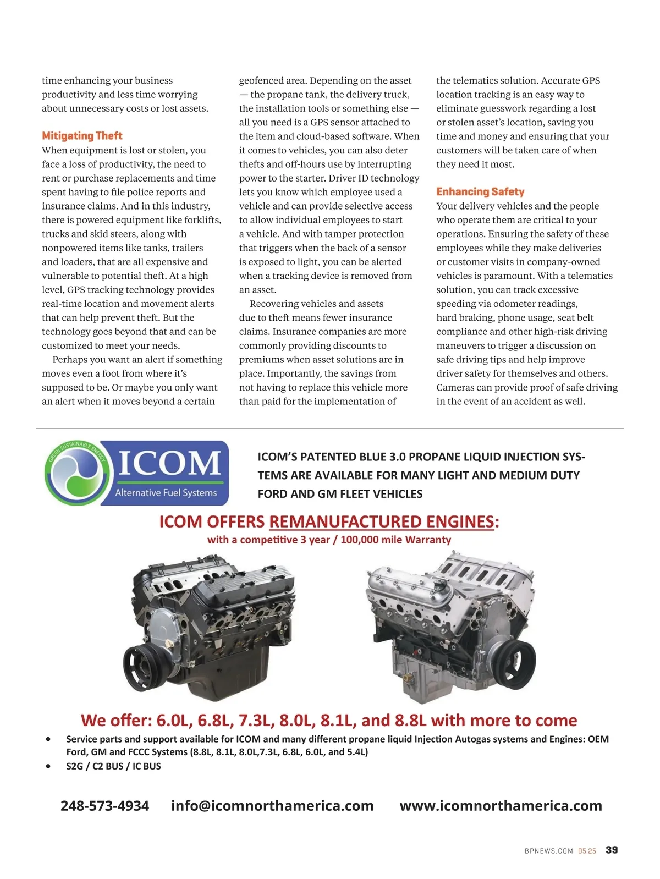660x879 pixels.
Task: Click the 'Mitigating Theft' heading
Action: click(82, 136)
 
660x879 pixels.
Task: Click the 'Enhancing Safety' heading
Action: click(480, 191)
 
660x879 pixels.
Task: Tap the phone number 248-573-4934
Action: click(105, 806)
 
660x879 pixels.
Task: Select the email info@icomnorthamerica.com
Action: click(272, 806)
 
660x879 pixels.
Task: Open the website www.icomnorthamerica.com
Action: click(501, 806)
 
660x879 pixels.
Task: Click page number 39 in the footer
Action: click(612, 850)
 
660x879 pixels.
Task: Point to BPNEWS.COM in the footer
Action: click(548, 851)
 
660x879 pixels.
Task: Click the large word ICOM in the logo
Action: click(169, 463)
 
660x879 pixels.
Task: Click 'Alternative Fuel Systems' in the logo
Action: click(166, 493)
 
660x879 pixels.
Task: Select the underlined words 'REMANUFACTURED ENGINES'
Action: click(381, 521)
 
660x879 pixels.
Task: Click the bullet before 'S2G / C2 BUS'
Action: click(49, 766)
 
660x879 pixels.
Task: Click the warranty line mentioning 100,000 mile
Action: click(329, 540)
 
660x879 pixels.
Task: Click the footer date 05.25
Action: click(587, 851)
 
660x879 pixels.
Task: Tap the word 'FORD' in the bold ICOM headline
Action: click(272, 494)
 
